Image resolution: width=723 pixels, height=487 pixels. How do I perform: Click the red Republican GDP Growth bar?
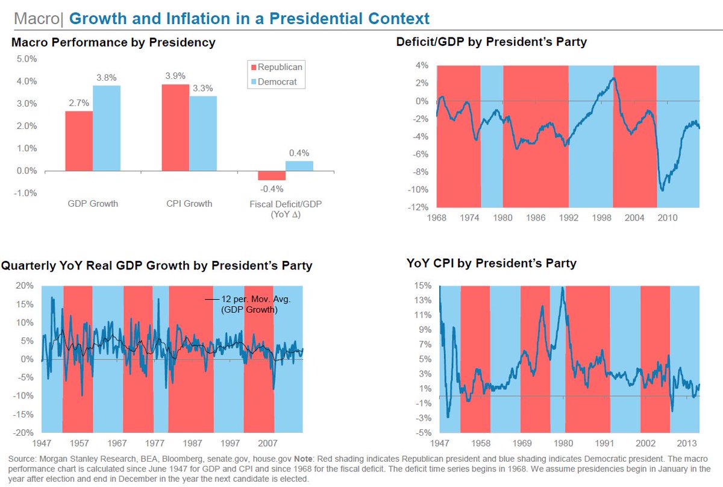[x=79, y=141]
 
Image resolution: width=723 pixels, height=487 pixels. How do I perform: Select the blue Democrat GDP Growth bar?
[x=107, y=128]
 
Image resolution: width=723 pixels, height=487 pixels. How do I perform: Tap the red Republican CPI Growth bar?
[x=175, y=127]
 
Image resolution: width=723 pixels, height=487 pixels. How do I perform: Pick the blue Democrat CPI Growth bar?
[x=203, y=134]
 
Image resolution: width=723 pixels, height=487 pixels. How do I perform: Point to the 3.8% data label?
[x=107, y=77]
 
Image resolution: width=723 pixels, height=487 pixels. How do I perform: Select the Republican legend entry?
[x=277, y=67]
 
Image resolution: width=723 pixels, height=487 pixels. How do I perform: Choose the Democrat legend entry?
[x=277, y=82]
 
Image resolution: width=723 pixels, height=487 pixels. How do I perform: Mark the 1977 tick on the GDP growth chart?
[x=159, y=443]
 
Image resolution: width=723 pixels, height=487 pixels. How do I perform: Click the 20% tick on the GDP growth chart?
[x=24, y=286]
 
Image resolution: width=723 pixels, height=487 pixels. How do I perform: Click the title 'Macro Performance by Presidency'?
[x=113, y=43]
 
